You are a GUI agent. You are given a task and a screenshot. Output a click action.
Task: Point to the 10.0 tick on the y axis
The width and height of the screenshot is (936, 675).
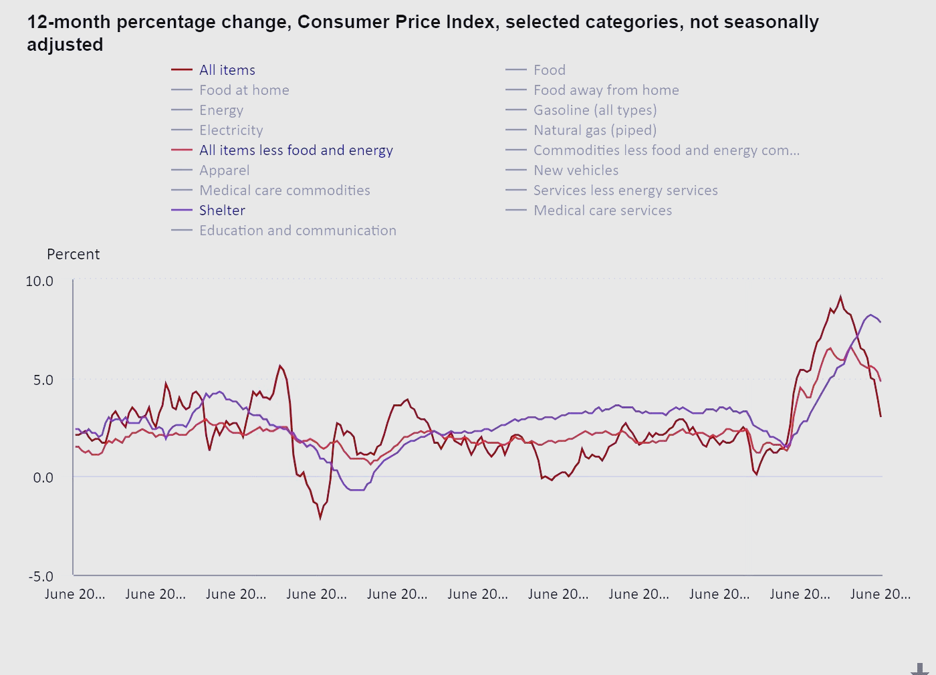pyautogui.click(x=39, y=281)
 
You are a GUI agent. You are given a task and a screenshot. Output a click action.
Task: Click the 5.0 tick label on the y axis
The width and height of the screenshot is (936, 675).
pyautogui.click(x=43, y=380)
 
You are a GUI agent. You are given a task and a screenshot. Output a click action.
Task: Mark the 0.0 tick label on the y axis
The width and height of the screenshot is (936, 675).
pyautogui.click(x=43, y=477)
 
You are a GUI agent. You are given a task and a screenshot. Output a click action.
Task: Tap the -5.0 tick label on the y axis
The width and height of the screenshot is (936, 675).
pyautogui.click(x=41, y=576)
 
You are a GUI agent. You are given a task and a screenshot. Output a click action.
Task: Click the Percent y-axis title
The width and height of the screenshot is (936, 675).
pyautogui.click(x=73, y=255)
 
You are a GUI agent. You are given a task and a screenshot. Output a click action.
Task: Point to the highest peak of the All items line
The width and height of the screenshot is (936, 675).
pyautogui.click(x=840, y=297)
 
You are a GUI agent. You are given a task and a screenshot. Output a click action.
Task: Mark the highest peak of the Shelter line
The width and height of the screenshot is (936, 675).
pyautogui.click(x=870, y=315)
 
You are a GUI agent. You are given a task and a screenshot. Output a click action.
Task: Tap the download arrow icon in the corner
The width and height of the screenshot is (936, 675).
pyautogui.click(x=920, y=668)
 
